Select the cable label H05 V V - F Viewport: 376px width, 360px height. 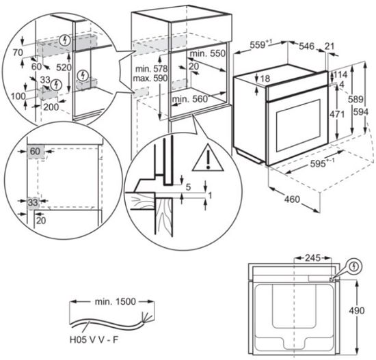click(x=94, y=340)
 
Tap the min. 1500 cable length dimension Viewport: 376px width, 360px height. click(x=115, y=301)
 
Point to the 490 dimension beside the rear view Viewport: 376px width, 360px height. click(x=357, y=311)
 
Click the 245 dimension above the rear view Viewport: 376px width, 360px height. click(x=312, y=258)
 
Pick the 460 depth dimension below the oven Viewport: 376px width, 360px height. click(x=292, y=199)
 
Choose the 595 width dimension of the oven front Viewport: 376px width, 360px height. click(x=322, y=163)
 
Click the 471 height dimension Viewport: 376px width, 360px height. click(x=337, y=114)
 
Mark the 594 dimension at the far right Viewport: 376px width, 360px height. click(x=361, y=112)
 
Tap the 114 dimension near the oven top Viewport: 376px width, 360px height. click(x=340, y=74)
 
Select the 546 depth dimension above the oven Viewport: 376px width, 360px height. click(x=306, y=46)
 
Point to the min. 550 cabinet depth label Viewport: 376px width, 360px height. click(x=208, y=54)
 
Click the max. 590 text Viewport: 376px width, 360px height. click(x=150, y=78)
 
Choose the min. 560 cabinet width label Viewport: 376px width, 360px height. click(x=190, y=99)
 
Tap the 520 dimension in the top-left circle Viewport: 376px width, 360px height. click(x=64, y=68)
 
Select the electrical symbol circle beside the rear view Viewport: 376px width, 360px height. click(x=354, y=266)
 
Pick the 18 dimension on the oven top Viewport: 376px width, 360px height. click(x=265, y=79)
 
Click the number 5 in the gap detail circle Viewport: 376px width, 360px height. click(x=188, y=187)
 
